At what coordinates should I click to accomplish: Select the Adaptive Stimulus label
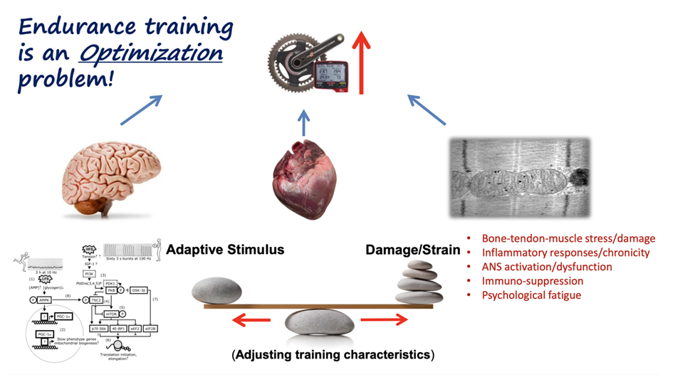click(225, 250)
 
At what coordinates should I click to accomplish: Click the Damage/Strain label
click(412, 250)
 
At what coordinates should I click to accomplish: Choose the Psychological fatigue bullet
click(531, 295)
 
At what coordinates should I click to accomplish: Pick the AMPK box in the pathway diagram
click(43, 300)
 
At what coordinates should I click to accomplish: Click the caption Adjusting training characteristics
click(333, 354)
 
